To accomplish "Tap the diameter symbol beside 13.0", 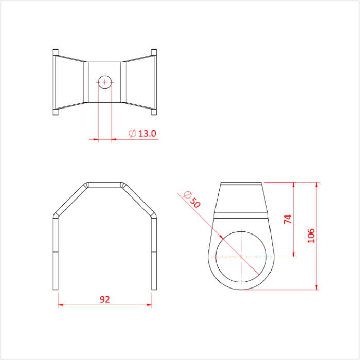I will (132, 134).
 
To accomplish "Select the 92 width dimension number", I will (104, 299).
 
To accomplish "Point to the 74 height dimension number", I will (288, 219).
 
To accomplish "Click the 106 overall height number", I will (310, 236).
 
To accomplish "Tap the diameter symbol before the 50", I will (187, 195).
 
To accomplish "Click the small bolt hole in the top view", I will (105, 82).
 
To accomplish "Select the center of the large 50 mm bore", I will (241, 256).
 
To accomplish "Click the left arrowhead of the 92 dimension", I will (60, 305).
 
